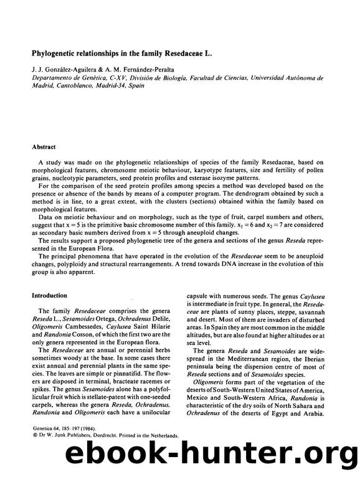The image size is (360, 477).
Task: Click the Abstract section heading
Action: [x=46, y=148]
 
